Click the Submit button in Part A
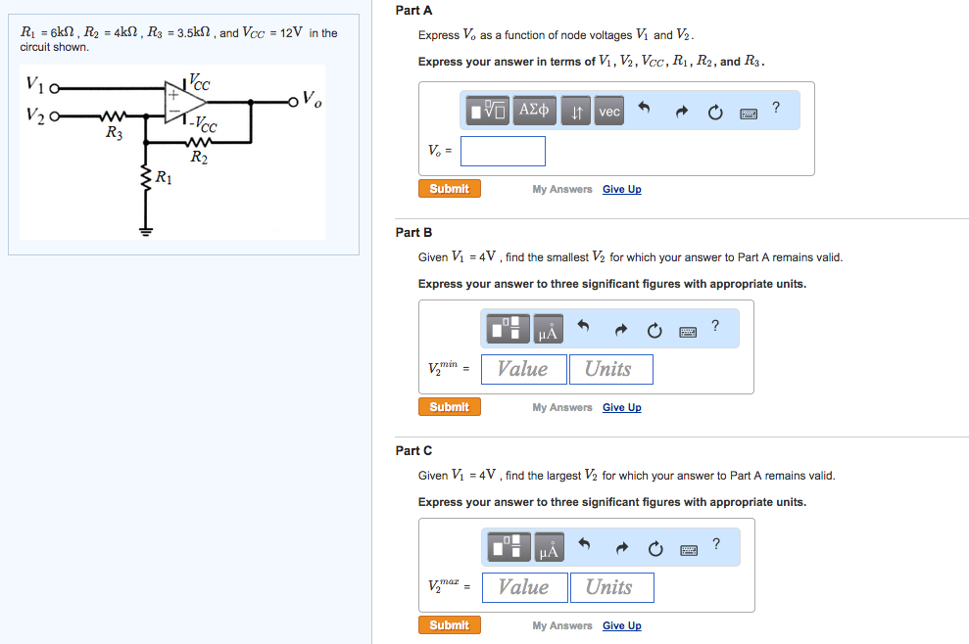point(449,189)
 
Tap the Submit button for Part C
point(449,625)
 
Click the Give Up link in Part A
point(621,190)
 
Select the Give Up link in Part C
point(621,626)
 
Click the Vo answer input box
point(503,151)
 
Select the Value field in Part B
point(523,369)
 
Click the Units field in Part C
point(610,587)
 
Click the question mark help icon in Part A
point(776,108)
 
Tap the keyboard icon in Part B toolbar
point(689,333)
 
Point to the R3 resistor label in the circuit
point(114,133)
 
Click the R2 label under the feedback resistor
point(199,157)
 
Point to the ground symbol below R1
point(147,233)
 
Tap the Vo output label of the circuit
point(311,99)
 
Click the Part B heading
point(413,233)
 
